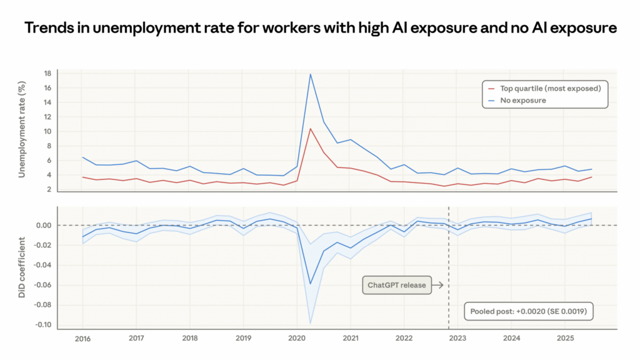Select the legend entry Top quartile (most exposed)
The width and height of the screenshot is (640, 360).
pos(551,88)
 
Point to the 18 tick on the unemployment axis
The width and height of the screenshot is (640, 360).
pos(47,74)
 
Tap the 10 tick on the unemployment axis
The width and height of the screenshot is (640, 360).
pos(47,131)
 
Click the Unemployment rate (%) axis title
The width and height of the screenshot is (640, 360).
pos(22,130)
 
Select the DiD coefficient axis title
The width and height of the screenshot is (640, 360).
pos(22,267)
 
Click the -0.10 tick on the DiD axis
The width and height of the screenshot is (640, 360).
pos(42,325)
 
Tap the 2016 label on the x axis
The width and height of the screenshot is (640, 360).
pos(82,338)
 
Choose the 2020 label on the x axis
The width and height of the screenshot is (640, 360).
pos(297,338)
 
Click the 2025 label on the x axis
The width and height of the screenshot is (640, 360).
pos(565,338)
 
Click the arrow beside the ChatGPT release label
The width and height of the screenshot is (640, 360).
pos(437,286)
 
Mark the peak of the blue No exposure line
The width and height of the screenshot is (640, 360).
pos(311,74)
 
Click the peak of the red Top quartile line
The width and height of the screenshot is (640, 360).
pos(311,129)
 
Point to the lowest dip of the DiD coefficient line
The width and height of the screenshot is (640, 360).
pos(311,284)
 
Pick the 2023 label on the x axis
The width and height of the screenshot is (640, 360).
pos(458,338)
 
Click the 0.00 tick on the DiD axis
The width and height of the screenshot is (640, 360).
pos(44,225)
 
